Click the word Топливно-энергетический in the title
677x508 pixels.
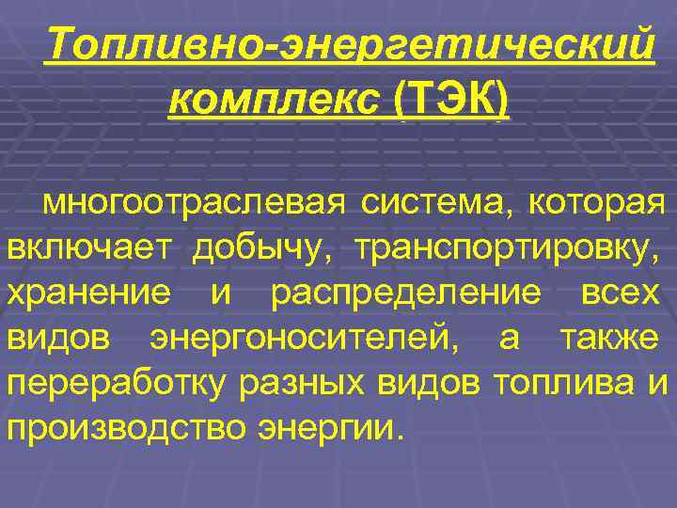[x=348, y=45]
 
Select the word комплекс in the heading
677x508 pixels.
[x=275, y=99]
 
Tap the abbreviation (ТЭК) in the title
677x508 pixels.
[x=453, y=99]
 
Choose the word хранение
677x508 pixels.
[x=90, y=293]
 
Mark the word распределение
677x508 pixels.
[x=405, y=293]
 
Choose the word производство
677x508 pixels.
[x=126, y=428]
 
